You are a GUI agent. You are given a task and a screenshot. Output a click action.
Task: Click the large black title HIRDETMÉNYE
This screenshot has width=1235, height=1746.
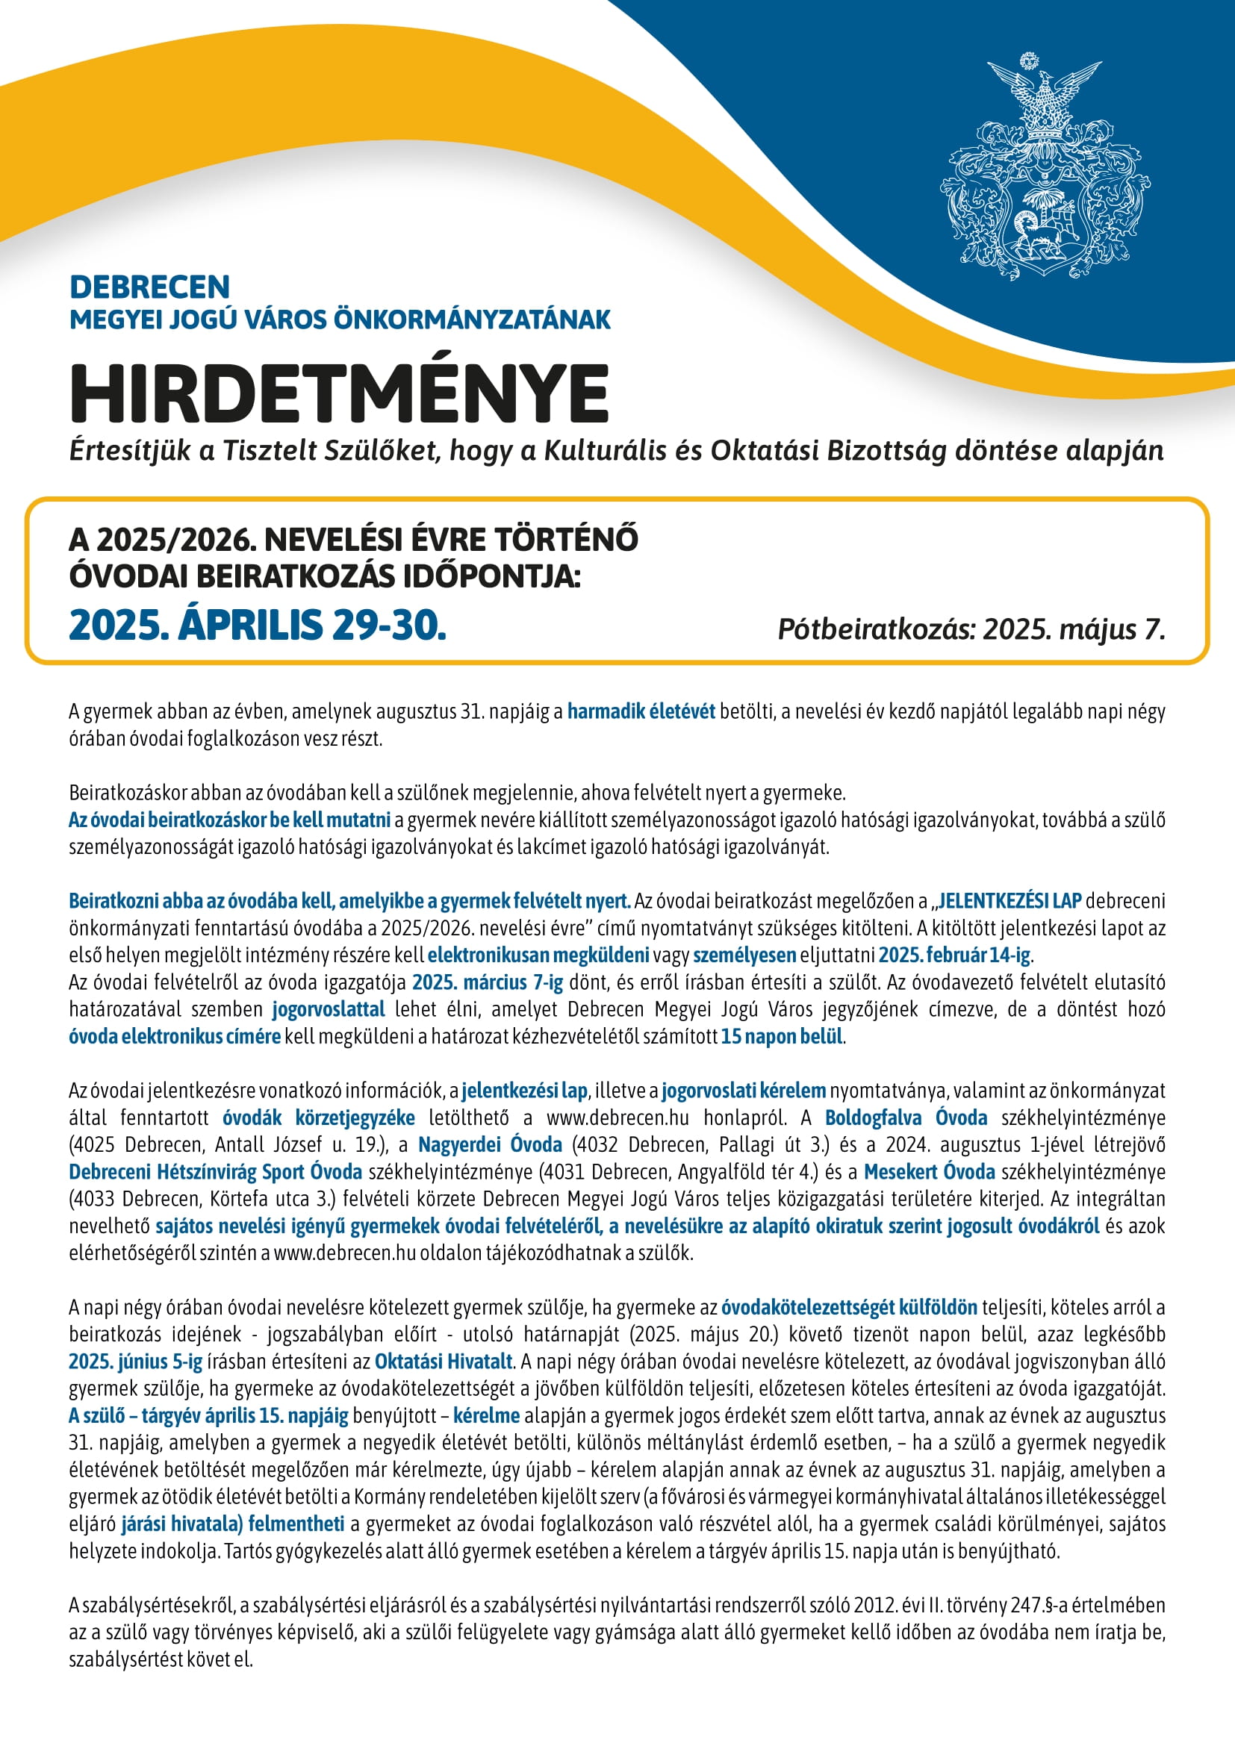pos(339,394)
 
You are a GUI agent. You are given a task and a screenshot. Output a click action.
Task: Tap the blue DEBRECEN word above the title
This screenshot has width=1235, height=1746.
pos(149,287)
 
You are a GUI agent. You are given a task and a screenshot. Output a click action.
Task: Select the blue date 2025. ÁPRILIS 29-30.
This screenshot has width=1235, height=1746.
pos(257,625)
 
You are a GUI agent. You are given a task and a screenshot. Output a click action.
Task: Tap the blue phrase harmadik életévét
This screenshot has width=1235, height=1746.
pos(641,711)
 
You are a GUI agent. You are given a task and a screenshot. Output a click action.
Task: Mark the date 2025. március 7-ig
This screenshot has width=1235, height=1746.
pos(488,982)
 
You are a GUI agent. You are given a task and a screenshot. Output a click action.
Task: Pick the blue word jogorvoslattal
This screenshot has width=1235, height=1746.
pos(329,1009)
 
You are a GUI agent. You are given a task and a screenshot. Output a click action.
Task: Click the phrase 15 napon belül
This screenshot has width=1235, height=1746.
pos(782,1036)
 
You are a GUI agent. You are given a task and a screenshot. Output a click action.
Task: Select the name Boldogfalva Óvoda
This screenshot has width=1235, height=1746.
pos(906,1117)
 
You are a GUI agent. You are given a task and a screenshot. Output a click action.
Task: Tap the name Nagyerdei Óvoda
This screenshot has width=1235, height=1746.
pos(490,1144)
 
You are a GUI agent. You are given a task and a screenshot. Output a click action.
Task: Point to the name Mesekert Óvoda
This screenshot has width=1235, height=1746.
pos(930,1171)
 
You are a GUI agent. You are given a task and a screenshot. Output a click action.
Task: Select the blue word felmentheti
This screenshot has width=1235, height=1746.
pos(296,1524)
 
